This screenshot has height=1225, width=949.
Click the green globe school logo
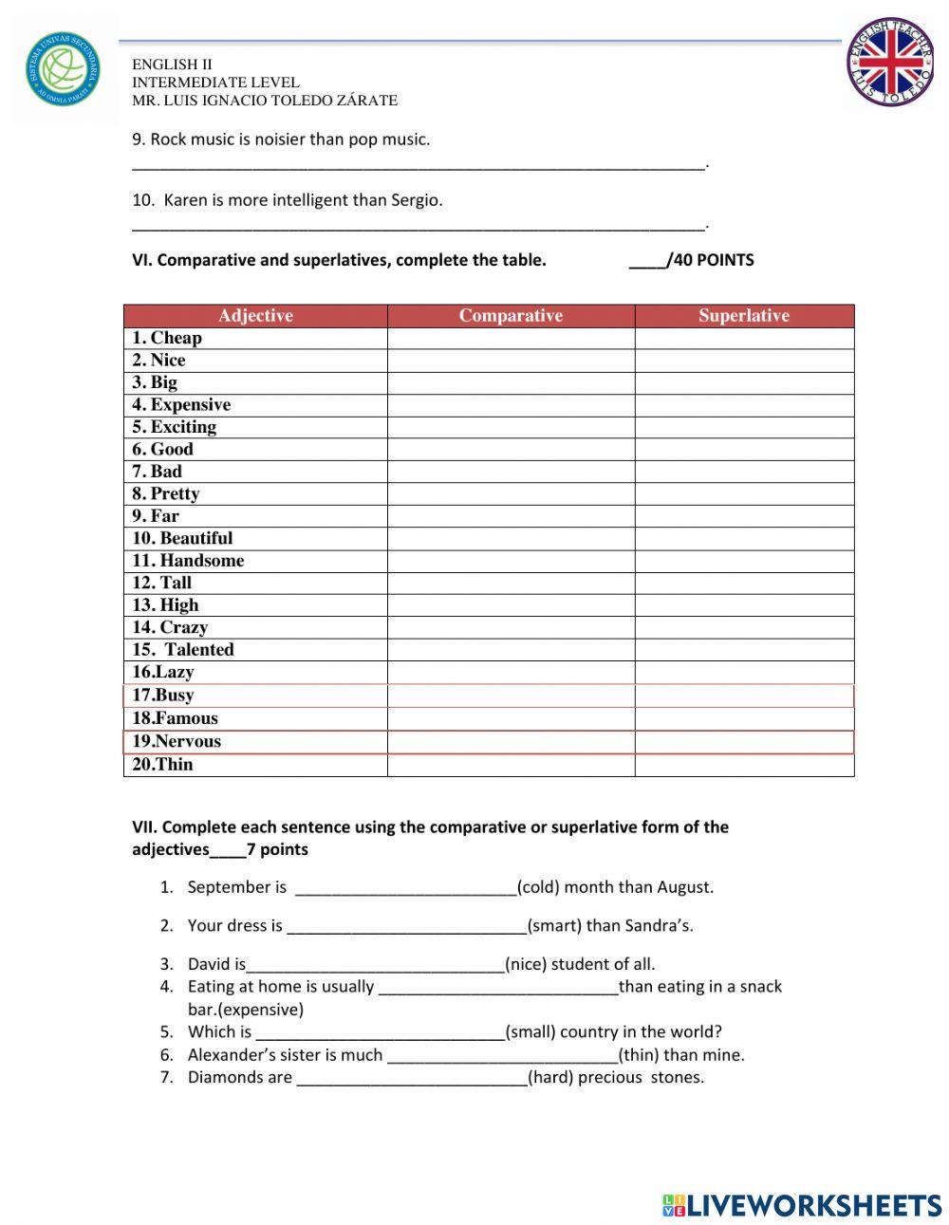pos(62,69)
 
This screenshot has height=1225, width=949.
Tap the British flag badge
pos(890,62)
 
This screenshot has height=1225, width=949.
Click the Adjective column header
pos(255,316)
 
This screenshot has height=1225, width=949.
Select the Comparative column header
pos(511,316)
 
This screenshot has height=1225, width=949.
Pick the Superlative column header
pos(744,316)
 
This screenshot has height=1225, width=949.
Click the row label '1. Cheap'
pos(167,338)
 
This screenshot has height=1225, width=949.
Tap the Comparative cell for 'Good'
pos(511,450)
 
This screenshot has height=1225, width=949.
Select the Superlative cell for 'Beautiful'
pos(744,539)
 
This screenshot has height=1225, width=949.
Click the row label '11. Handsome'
pos(188,561)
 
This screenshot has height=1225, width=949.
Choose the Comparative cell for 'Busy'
pos(511,696)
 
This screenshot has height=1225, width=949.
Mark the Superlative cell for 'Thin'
pos(744,765)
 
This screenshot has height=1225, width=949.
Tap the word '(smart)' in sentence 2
pos(554,926)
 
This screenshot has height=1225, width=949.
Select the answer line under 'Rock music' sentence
pos(418,165)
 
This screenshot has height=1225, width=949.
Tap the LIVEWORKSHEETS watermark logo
pos(802,1205)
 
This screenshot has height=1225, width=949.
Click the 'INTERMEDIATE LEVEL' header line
pos(215,83)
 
